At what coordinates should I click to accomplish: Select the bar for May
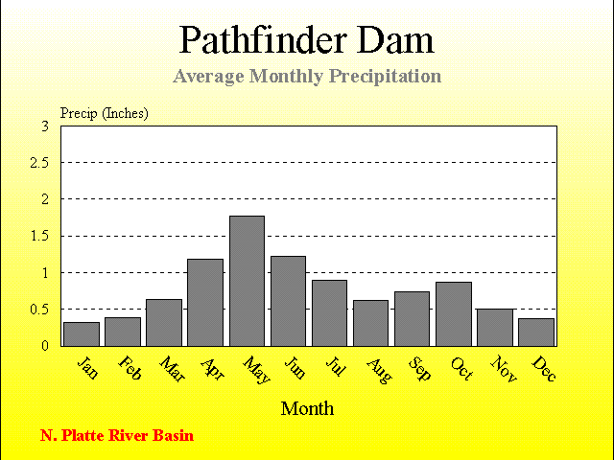247,281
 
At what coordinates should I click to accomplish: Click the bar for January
82,334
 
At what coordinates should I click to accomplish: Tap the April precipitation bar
205,303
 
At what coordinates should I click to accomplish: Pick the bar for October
454,314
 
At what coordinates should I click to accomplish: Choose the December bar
536,333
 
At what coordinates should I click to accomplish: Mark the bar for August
371,323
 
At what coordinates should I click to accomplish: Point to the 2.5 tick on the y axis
39,163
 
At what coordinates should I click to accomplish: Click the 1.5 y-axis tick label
39,237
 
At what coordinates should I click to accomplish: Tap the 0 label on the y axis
45,346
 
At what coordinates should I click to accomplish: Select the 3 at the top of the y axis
45,126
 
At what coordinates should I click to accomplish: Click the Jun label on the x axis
295,367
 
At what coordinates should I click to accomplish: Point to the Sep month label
419,368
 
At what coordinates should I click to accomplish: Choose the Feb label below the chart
130,368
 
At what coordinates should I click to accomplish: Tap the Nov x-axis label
504,368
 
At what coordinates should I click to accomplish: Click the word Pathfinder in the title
263,40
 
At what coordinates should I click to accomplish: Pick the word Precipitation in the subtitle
385,76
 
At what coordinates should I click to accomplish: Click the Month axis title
307,409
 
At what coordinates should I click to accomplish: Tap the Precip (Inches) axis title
105,113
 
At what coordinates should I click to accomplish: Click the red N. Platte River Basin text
117,435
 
